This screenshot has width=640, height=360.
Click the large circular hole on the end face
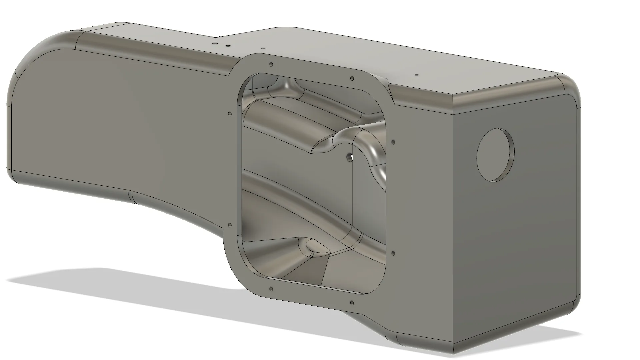[x=495, y=155]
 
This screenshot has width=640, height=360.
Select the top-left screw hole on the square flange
[x=271, y=64]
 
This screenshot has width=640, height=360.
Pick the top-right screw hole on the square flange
[x=352, y=79]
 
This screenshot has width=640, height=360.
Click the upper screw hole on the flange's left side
[x=229, y=114]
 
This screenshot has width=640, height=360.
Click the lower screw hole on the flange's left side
[x=229, y=226]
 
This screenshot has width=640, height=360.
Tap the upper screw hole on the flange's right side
[x=393, y=142]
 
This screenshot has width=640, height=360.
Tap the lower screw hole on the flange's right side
[x=393, y=253]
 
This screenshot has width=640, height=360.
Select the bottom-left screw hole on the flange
[x=271, y=289]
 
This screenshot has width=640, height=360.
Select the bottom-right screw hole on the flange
[x=352, y=303]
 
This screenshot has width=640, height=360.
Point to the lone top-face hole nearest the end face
[x=416, y=75]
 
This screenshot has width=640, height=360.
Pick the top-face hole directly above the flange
[x=263, y=49]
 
